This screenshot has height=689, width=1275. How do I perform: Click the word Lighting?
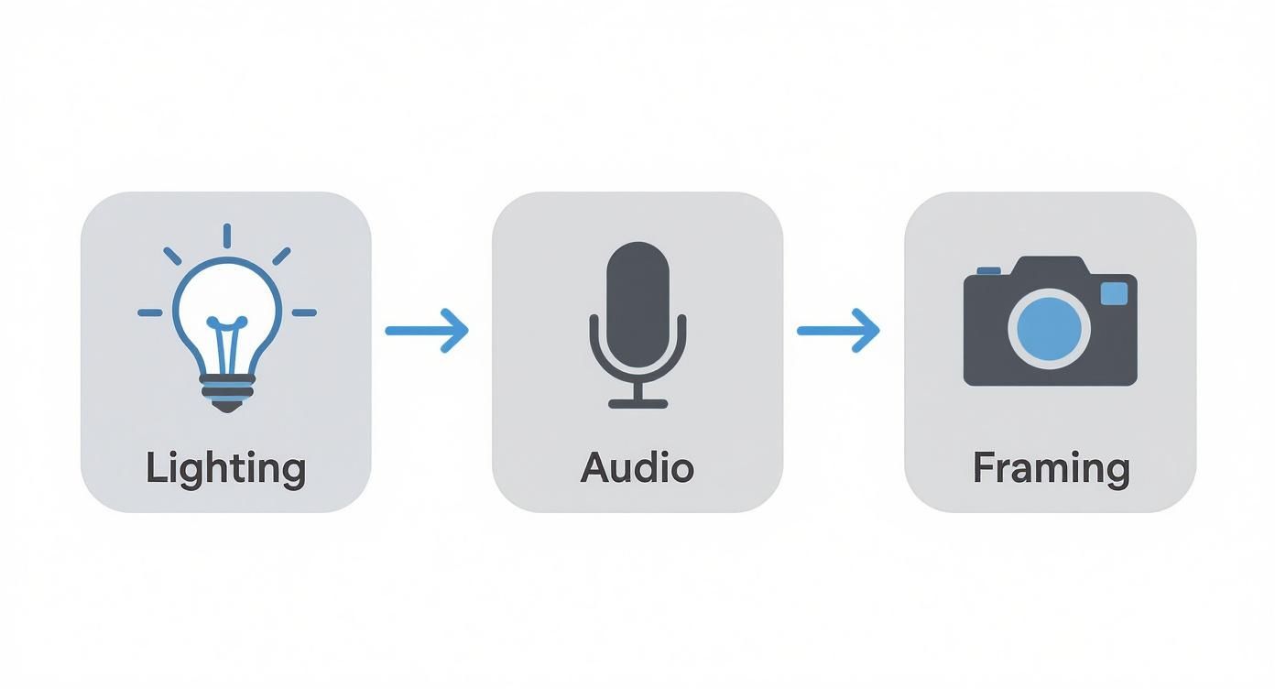click(x=225, y=468)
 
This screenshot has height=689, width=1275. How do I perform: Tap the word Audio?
click(x=637, y=467)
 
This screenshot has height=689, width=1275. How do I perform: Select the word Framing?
click(x=1051, y=468)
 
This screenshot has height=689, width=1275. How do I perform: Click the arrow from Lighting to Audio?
click(x=427, y=330)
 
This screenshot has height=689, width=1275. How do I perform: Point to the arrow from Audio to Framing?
click(x=838, y=330)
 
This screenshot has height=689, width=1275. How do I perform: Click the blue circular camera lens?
click(x=1050, y=328)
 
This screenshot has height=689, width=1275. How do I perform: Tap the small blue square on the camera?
click(x=1114, y=293)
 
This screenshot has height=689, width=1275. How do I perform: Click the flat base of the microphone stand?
click(x=638, y=403)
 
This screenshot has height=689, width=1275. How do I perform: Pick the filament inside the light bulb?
click(x=226, y=344)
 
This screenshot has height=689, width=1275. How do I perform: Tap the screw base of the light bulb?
click(x=226, y=394)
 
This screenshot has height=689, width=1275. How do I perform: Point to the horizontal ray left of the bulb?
click(x=149, y=313)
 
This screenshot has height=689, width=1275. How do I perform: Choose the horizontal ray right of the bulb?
click(x=304, y=313)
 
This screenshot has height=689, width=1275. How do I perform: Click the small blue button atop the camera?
click(x=988, y=270)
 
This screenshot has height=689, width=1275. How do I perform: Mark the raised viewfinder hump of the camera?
click(x=1051, y=265)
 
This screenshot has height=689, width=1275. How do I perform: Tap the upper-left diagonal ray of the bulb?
click(x=172, y=256)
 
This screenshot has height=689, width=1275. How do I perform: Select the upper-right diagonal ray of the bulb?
click(x=281, y=256)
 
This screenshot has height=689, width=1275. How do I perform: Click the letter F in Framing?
click(x=982, y=468)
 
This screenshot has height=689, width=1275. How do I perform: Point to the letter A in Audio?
click(x=595, y=467)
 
